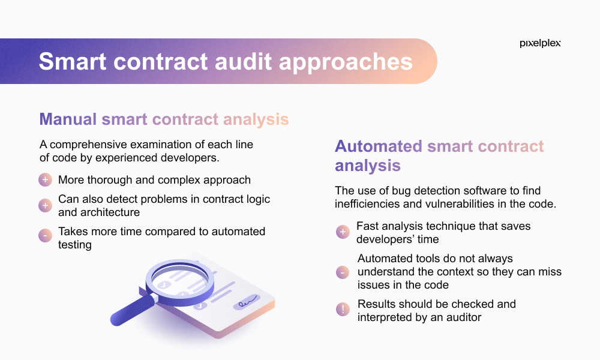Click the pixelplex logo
pyautogui.click(x=540, y=43)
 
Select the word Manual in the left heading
pyautogui.click(x=68, y=119)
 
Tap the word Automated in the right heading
pyautogui.click(x=379, y=146)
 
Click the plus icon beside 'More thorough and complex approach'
pyautogui.click(x=45, y=179)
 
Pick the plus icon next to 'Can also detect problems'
pyautogui.click(x=45, y=205)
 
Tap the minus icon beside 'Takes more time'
pyautogui.click(x=45, y=235)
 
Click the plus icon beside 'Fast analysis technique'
pyautogui.click(x=343, y=232)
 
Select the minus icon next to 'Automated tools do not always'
pyautogui.click(x=343, y=272)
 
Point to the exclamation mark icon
pyautogui.click(x=343, y=309)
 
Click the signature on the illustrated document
pyautogui.click(x=247, y=302)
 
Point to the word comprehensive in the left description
pyautogui.click(x=88, y=145)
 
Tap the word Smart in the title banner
pyautogui.click(x=73, y=62)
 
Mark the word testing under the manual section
pyautogui.click(x=74, y=245)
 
